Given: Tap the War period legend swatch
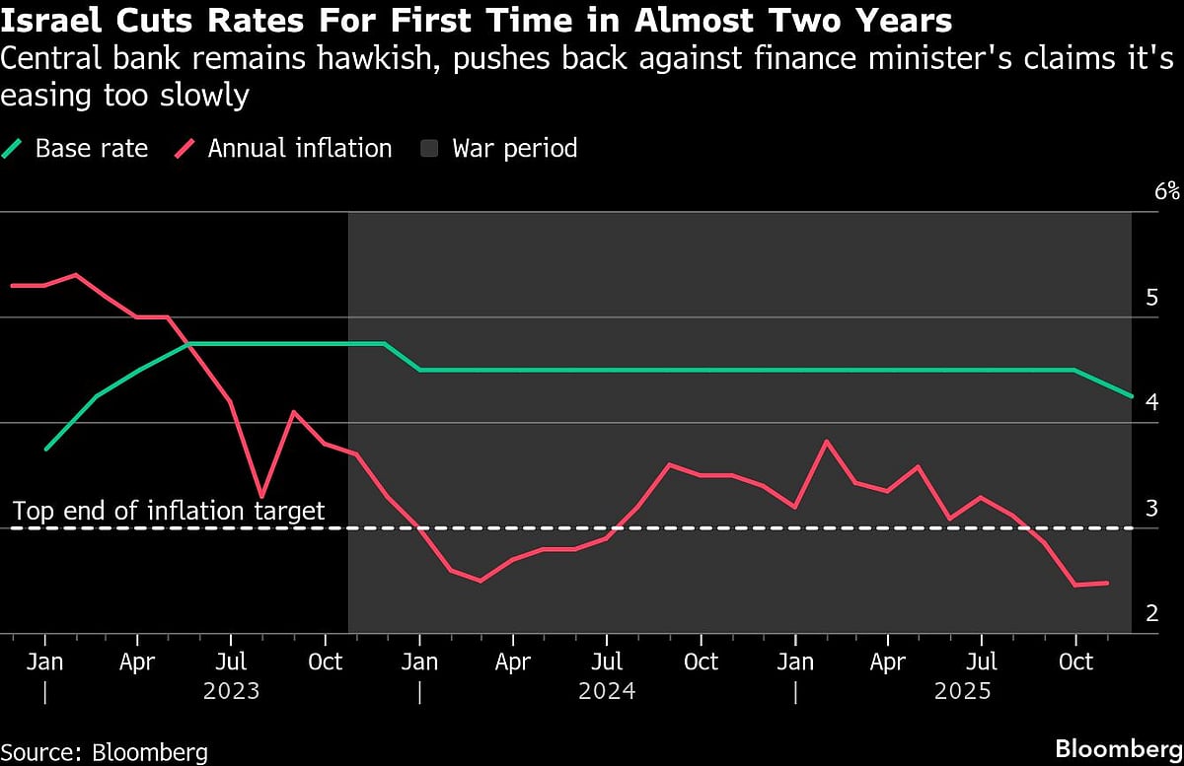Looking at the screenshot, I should (429, 150).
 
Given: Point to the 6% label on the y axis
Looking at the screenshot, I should (1166, 191).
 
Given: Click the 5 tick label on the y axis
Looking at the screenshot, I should (1151, 298).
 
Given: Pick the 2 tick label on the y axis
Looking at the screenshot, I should (1151, 613).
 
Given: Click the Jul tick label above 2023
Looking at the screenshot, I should (231, 661).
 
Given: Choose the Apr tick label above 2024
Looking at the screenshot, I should (513, 661).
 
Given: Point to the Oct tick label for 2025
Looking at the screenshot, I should (1075, 661).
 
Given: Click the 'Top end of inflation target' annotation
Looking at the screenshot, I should (168, 511).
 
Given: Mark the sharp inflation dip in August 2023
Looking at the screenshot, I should (261, 496).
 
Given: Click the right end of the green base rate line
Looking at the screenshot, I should (1131, 396).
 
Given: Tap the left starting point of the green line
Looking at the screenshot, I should (45, 449).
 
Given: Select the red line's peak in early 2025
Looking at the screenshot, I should (826, 441).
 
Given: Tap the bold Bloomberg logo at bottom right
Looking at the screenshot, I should (1118, 748).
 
